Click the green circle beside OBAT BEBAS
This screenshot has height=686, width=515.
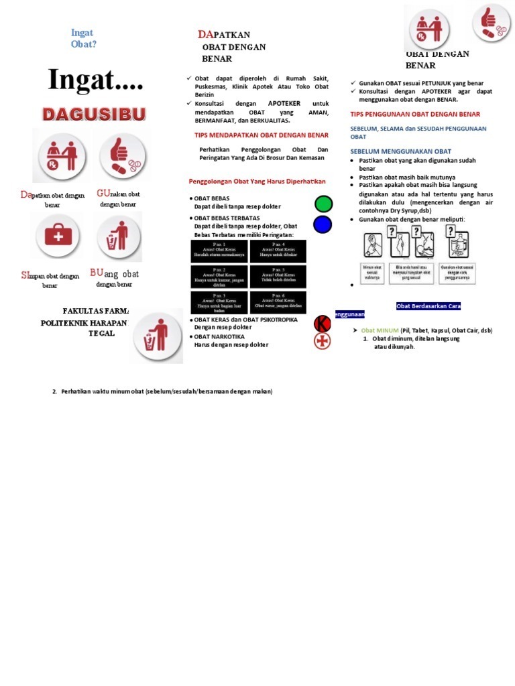pyautogui.click(x=323, y=204)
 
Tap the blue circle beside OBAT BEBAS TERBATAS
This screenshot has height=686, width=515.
pyautogui.click(x=323, y=224)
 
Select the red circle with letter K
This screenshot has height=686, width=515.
pyautogui.click(x=323, y=324)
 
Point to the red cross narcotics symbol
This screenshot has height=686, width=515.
pyautogui.click(x=323, y=341)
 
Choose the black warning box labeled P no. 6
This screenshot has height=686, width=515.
pyautogui.click(x=278, y=302)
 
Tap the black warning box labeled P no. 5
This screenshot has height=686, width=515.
pyautogui.click(x=278, y=277)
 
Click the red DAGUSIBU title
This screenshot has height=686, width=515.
pyautogui.click(x=94, y=115)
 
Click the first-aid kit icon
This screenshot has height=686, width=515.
pyautogui.click(x=58, y=236)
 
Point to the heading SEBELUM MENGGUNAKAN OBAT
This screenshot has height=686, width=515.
pyautogui.click(x=400, y=151)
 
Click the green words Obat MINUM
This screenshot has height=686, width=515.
pyautogui.click(x=380, y=330)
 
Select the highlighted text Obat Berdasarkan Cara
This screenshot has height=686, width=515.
pyautogui.click(x=428, y=306)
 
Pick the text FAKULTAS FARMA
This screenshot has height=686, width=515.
pyautogui.click(x=95, y=311)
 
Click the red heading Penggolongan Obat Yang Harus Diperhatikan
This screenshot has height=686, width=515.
pyautogui.click(x=257, y=181)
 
